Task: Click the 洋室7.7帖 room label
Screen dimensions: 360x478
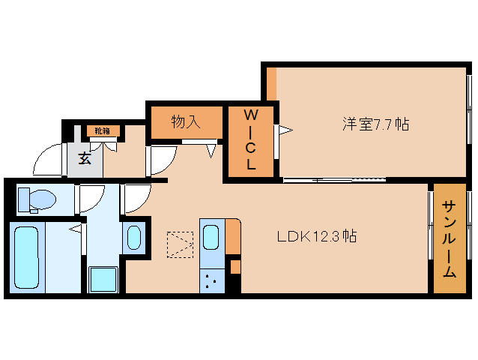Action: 375,124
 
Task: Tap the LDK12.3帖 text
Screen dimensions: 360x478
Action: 316,237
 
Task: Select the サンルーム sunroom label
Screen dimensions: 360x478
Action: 449,239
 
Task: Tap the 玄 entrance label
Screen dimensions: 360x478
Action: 85,158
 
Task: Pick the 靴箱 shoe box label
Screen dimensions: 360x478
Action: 102,131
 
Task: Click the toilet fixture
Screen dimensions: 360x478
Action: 37,199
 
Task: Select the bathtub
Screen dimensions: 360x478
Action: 27,256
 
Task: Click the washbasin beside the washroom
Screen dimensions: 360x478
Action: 134,238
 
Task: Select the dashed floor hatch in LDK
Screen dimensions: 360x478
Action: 180,244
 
